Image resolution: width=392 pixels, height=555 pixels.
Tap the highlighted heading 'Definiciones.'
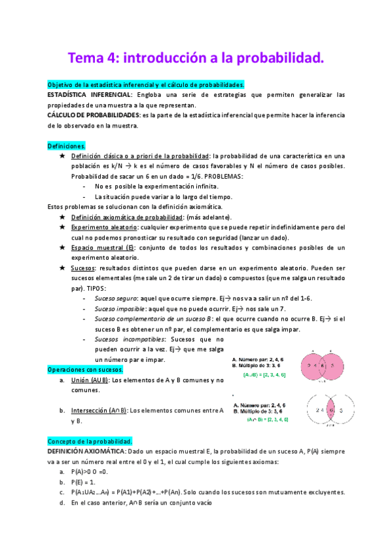pyautogui.click(x=66, y=145)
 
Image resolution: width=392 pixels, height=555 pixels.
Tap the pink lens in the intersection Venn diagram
pyautogui.click(x=331, y=410)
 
